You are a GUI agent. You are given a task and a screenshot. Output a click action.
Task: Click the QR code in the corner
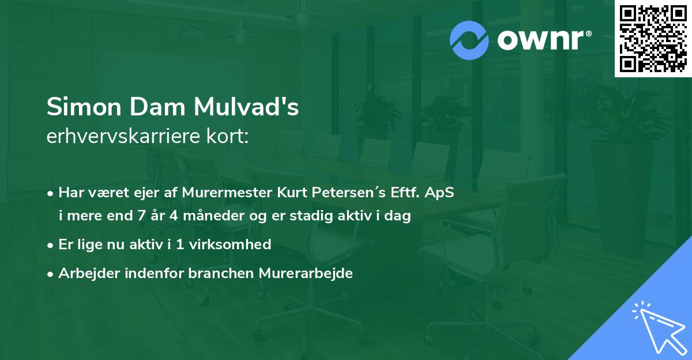(653, 38)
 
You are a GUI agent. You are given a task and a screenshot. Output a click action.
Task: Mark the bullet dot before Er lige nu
(51, 245)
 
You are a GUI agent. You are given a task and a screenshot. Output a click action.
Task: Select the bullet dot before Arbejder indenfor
(51, 273)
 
